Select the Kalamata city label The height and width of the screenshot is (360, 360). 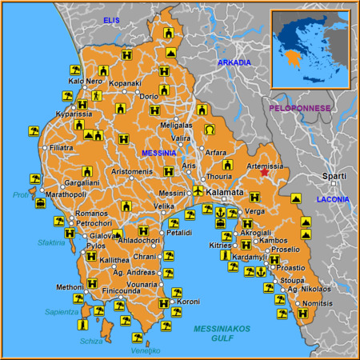pyautogui.click(x=225, y=194)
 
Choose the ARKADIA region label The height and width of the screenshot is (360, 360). pyautogui.click(x=234, y=62)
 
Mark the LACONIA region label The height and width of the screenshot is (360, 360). pyautogui.click(x=334, y=198)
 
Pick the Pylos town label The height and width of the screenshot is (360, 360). pyautogui.click(x=95, y=246)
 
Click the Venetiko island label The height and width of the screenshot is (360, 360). pyautogui.click(x=146, y=350)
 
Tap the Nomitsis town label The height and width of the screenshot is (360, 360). pyautogui.click(x=318, y=303)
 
